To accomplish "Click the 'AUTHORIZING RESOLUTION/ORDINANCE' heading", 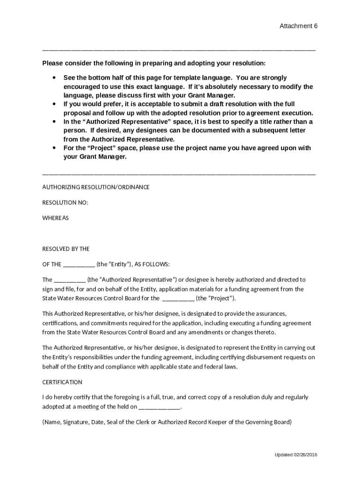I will [x=96, y=187].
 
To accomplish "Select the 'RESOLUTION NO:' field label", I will [x=65, y=203].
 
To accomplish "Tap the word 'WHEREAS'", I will [x=56, y=218].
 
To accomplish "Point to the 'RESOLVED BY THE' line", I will [x=66, y=249].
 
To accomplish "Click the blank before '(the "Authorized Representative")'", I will [x=70, y=280].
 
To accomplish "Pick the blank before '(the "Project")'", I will [x=178, y=298].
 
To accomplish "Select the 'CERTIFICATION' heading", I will [x=62, y=382].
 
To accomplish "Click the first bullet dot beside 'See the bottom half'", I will [x=55, y=78].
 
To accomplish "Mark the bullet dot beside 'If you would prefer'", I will [x=55, y=104].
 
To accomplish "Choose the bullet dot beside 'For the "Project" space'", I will [x=55, y=148].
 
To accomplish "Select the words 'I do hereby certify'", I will [x=65, y=397].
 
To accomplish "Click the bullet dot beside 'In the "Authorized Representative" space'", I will [x=55, y=122].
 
